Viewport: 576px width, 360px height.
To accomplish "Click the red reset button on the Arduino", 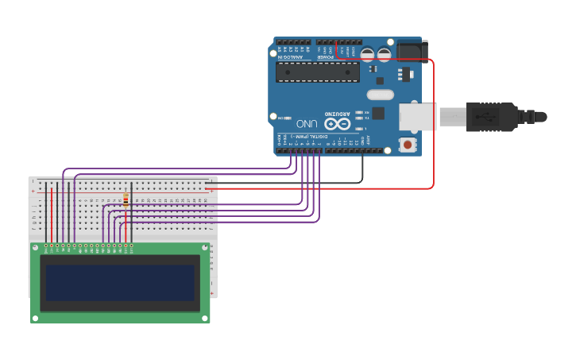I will coord(408,144).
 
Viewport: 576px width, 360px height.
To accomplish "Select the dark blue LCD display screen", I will coord(120,282).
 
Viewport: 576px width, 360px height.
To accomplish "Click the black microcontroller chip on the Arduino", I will coord(317,72).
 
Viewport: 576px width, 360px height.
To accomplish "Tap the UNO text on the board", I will coord(307,124).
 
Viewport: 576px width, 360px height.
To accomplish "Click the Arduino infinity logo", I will coord(338,123).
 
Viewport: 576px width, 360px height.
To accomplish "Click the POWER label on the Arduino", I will coord(326,56).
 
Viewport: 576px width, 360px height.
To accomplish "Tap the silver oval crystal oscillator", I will coord(380,95).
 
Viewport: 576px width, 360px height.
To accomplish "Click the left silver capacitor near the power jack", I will coord(368,54).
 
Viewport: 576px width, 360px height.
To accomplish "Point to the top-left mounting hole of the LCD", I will coord(35,247).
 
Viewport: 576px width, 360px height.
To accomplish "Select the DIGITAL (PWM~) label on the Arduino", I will coord(304,137).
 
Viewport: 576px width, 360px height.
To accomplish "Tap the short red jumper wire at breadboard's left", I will coord(52,215).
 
